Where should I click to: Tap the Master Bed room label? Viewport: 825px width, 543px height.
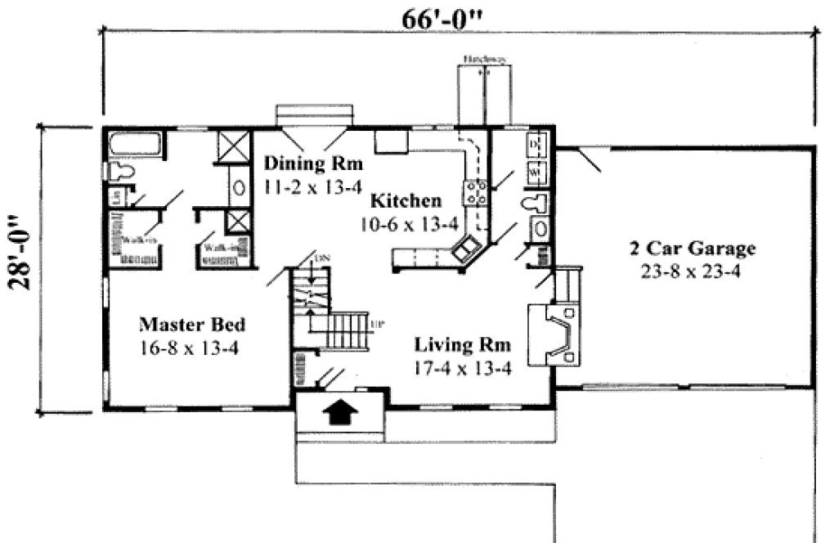pyautogui.click(x=192, y=325)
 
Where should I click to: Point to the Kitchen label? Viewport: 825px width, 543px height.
pyautogui.click(x=406, y=200)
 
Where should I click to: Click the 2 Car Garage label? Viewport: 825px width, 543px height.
pyautogui.click(x=692, y=248)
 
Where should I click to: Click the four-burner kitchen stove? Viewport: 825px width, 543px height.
pyautogui.click(x=477, y=193)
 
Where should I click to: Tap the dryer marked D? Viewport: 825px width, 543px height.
pyautogui.click(x=536, y=146)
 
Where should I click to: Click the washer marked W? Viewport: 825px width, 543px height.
pyautogui.click(x=536, y=173)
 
